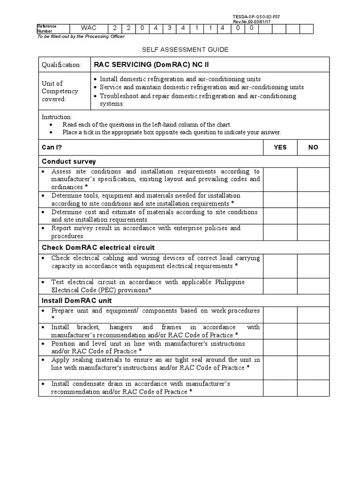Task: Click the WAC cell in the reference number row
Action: [x=88, y=28]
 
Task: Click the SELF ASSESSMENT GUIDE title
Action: [x=185, y=49]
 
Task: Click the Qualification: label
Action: [x=61, y=65]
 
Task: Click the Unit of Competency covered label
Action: [x=60, y=91]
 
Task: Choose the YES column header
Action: [x=280, y=147]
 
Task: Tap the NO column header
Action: [x=313, y=147]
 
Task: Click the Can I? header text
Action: [x=52, y=147]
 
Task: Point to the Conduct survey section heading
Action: [x=69, y=161]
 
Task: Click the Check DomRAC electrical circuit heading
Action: [x=98, y=247]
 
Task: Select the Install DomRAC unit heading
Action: [x=77, y=300]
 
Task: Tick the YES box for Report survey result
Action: [x=280, y=232]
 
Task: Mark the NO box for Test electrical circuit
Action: [x=313, y=286]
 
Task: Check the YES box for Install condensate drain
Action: [x=280, y=388]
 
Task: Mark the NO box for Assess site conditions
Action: [x=313, y=179]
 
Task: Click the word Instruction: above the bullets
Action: [x=57, y=117]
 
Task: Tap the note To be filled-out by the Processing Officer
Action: [x=81, y=37]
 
